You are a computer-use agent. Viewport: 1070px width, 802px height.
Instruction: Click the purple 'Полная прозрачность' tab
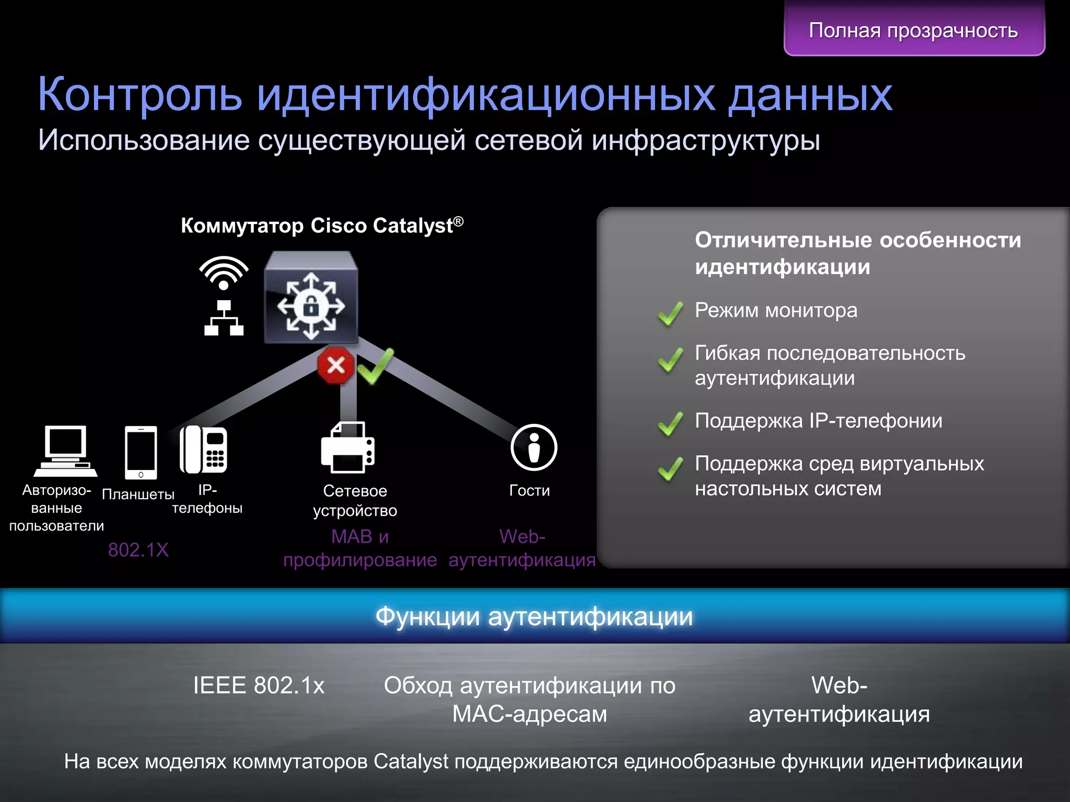click(914, 30)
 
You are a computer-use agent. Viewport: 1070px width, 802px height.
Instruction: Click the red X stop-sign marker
click(335, 365)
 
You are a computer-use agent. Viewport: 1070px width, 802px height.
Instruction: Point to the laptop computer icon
click(65, 451)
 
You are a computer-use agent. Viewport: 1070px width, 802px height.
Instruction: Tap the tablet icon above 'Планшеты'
click(141, 452)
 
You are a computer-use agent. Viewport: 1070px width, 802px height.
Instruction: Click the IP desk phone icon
click(203, 449)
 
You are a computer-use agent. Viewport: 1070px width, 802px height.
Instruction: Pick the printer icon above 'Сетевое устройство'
click(348, 447)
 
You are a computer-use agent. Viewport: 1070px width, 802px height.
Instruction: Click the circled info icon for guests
click(533, 447)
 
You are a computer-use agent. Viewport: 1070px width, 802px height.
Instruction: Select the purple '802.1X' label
click(138, 550)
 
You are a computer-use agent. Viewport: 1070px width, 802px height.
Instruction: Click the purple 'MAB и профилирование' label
click(360, 548)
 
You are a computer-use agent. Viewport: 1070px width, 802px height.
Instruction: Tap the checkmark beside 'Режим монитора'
click(670, 313)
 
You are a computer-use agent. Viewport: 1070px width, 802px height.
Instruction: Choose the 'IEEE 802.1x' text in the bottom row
click(259, 686)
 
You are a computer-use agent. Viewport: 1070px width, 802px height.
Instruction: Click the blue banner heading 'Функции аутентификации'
click(534, 617)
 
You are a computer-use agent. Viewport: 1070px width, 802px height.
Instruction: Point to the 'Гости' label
click(529, 491)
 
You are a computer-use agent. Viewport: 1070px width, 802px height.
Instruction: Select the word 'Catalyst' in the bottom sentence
click(411, 762)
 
